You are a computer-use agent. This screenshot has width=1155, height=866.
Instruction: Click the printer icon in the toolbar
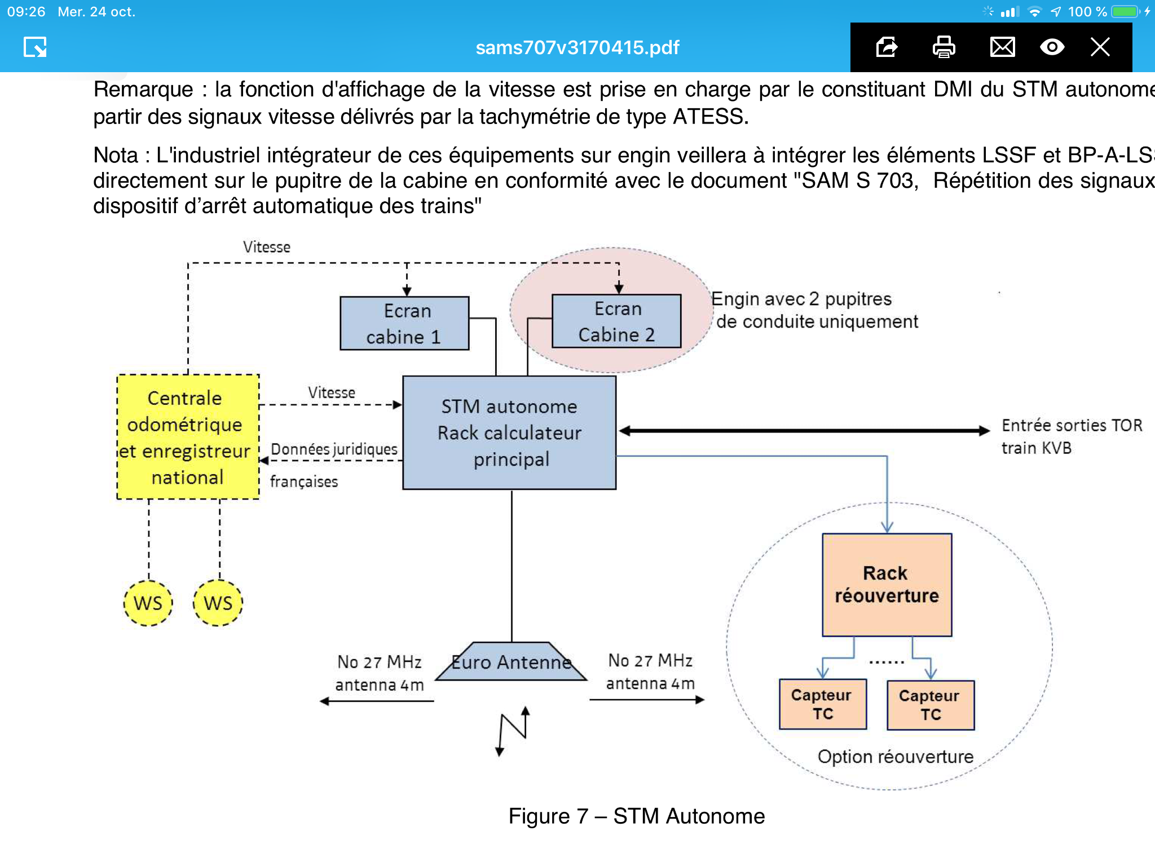(x=944, y=47)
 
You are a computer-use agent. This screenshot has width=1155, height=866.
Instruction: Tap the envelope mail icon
(x=1002, y=47)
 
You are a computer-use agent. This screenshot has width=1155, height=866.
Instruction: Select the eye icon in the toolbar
(x=1052, y=47)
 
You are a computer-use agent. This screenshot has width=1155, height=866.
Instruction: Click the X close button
(x=1100, y=47)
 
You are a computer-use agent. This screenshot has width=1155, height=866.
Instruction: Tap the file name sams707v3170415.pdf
(x=577, y=47)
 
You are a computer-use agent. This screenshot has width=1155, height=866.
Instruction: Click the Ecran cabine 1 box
(x=404, y=323)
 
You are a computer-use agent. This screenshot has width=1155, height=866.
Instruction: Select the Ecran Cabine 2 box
(x=616, y=321)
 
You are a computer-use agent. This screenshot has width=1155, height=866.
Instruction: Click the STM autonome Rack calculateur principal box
(x=509, y=432)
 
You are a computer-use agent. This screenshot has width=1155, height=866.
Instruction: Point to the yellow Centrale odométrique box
(x=188, y=437)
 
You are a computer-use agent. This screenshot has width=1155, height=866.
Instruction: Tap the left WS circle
(x=148, y=603)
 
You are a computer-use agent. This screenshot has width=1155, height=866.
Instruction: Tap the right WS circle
(x=218, y=603)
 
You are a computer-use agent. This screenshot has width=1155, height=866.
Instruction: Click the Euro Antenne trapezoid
(x=511, y=661)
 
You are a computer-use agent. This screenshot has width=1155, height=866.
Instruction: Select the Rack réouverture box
(x=887, y=585)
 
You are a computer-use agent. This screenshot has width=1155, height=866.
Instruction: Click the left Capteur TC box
(x=823, y=704)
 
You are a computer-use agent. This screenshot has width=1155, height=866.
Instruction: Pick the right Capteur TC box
(x=931, y=705)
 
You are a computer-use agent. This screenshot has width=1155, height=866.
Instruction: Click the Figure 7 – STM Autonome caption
(x=637, y=816)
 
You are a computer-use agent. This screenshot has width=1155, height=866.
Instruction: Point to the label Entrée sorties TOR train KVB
(x=1072, y=436)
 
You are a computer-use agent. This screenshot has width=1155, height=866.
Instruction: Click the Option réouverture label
(x=896, y=757)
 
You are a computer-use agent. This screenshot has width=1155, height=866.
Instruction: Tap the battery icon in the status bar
(x=1126, y=11)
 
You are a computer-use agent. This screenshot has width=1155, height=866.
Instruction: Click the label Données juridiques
(x=334, y=449)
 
